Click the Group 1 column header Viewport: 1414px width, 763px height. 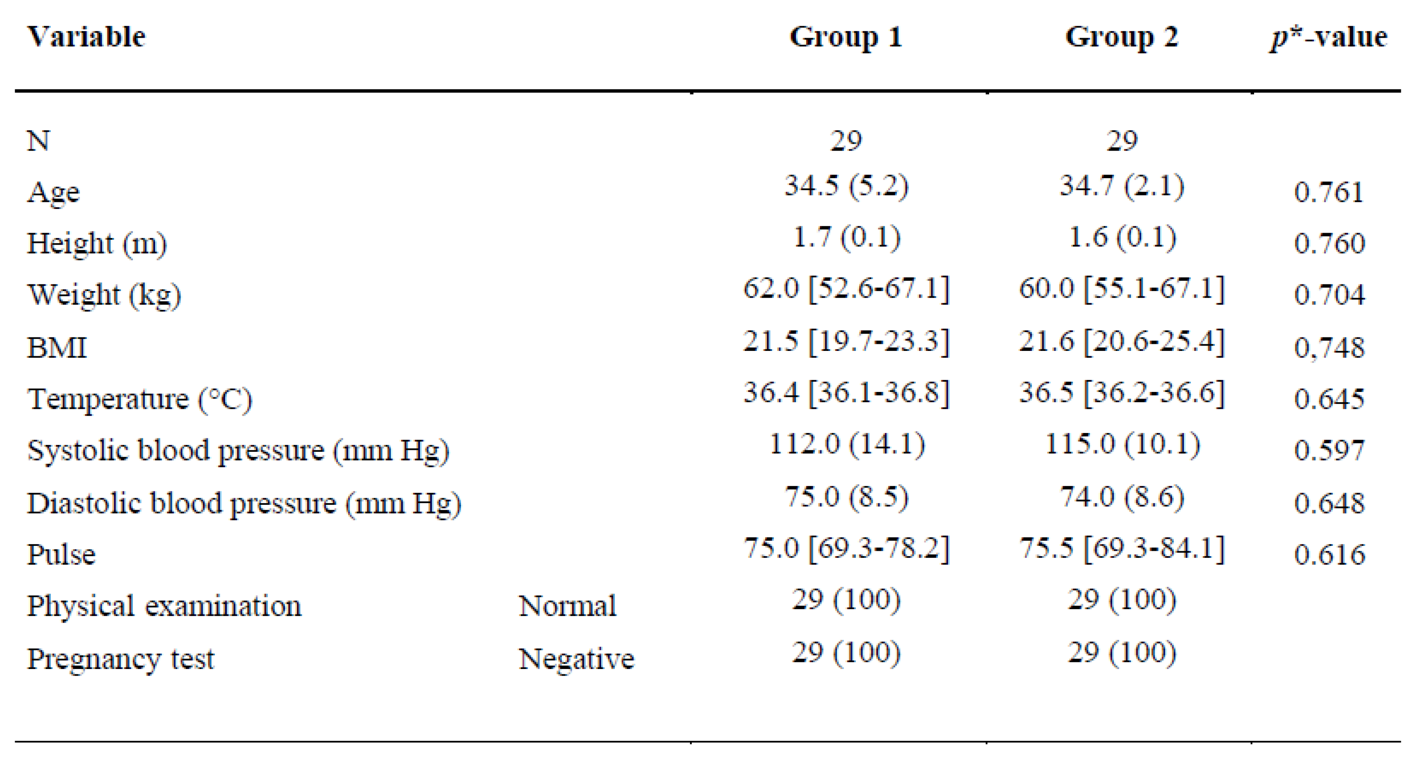tap(846, 37)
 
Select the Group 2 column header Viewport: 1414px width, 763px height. tap(1122, 37)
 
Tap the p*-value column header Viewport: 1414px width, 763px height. tap(1328, 37)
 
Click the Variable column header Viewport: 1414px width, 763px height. tap(86, 37)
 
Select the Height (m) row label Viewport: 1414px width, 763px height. tap(97, 243)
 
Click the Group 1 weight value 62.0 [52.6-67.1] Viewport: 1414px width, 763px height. tap(846, 289)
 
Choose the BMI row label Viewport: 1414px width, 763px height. tap(57, 347)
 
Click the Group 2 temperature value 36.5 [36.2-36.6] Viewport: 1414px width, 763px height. tap(1122, 393)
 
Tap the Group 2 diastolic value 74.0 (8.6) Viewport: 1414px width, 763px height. tap(1122, 497)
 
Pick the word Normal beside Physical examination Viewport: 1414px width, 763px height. tap(568, 606)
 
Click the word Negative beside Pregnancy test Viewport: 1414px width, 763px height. tap(576, 659)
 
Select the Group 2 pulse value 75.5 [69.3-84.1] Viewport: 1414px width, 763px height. tap(1122, 548)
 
